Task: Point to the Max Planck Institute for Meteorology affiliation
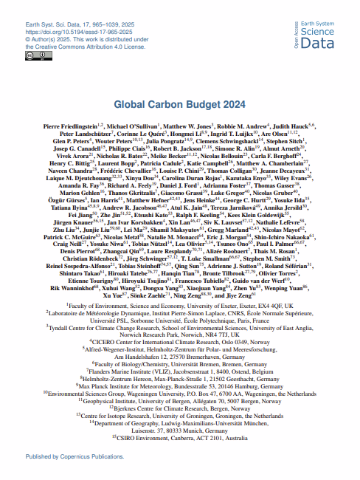pyautogui.click(x=180, y=385)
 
